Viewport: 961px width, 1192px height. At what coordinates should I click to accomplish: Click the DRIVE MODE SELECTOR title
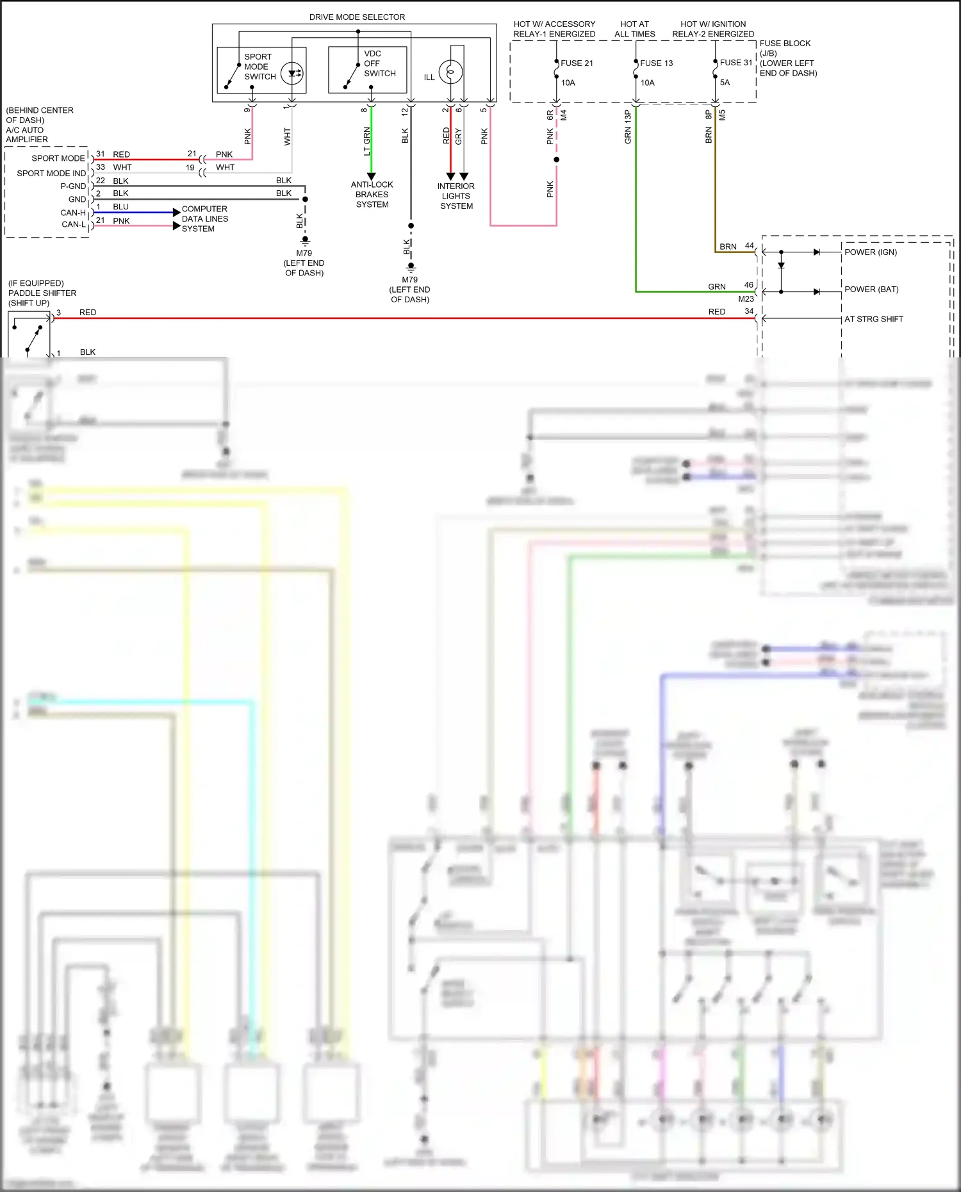[x=357, y=17]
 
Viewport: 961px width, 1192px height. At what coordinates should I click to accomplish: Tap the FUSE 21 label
[x=577, y=63]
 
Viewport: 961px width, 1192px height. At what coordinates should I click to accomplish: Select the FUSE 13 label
[x=656, y=63]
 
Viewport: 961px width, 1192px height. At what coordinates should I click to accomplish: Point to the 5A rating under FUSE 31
[x=725, y=83]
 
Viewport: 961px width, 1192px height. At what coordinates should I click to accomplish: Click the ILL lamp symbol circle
[x=450, y=72]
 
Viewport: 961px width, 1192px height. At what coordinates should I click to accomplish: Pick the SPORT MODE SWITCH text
[x=259, y=67]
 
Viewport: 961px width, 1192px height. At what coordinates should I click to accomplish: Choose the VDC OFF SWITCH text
[x=379, y=63]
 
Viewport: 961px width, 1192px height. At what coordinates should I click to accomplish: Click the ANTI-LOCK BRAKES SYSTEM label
[x=372, y=195]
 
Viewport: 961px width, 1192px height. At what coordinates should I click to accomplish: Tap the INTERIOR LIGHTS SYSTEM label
[x=456, y=196]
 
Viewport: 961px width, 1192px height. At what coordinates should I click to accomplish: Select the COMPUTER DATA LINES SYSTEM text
[x=204, y=219]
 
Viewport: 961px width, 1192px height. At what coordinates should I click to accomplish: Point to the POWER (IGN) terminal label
[x=870, y=252]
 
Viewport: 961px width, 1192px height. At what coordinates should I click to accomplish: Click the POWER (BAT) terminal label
[x=871, y=290]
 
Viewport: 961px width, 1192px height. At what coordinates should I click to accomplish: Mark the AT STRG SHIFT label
[x=873, y=319]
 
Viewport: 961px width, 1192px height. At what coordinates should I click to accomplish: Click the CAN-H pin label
[x=73, y=213]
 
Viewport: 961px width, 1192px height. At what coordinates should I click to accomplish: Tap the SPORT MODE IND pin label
[x=51, y=174]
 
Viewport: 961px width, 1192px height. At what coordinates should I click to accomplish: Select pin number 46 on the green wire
[x=748, y=285]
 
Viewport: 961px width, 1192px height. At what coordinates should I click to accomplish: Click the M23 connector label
[x=746, y=299]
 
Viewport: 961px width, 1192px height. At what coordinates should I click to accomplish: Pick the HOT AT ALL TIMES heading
[x=634, y=29]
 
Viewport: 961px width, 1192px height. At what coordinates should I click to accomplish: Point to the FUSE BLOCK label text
[x=785, y=44]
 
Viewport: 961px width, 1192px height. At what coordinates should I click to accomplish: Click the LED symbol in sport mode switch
[x=293, y=73]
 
